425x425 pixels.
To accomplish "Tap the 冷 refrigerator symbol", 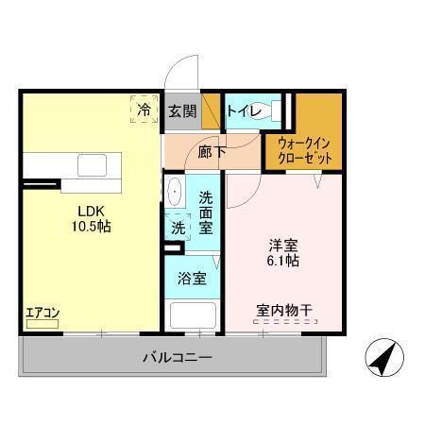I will (x=144, y=110).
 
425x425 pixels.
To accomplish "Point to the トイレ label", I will (x=244, y=110).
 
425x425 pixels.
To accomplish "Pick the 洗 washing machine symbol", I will (x=178, y=227).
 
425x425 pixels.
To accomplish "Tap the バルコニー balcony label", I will (x=178, y=357).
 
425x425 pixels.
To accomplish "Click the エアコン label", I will (x=42, y=312).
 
